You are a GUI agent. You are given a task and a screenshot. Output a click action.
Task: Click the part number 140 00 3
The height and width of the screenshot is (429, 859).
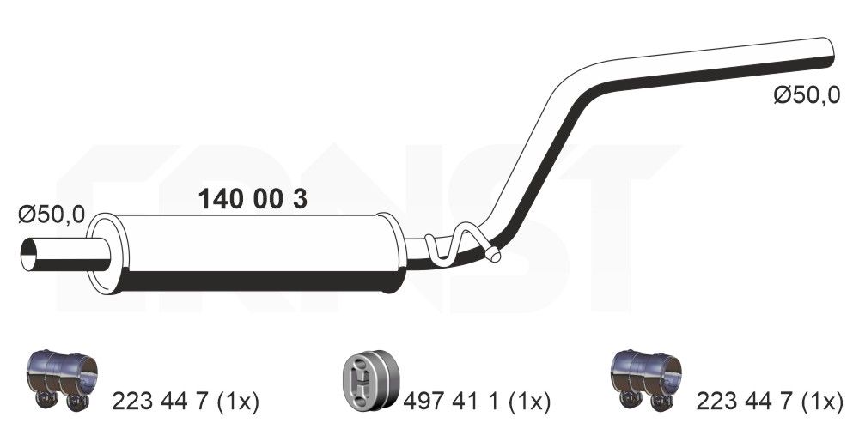(x=253, y=200)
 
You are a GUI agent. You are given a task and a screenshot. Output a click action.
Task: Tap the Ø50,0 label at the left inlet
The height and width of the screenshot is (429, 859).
(x=52, y=214)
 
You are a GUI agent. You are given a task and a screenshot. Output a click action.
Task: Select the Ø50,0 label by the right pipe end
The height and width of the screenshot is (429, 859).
(x=806, y=96)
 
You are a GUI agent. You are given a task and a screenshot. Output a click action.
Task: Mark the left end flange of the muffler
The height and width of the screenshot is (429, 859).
(x=102, y=254)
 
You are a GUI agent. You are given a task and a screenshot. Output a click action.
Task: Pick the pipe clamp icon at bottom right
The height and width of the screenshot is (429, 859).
(x=645, y=378)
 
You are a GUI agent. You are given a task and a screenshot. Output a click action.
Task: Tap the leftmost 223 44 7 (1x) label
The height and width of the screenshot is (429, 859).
(x=186, y=400)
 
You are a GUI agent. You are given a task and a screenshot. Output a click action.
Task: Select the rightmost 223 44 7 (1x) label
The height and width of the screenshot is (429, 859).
(x=768, y=400)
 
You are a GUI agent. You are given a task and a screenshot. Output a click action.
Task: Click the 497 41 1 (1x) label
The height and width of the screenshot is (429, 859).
(x=476, y=400)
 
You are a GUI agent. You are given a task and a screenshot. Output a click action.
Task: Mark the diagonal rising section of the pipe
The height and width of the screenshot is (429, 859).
(x=533, y=154)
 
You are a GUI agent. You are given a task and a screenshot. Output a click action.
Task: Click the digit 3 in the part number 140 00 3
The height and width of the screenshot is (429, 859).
(x=299, y=200)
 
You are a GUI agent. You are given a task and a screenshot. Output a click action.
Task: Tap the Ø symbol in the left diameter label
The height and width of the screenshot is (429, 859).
(x=27, y=214)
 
